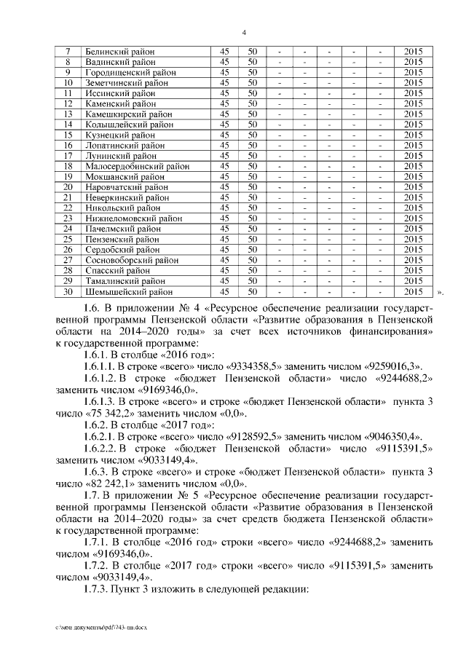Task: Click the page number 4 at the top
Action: (x=244, y=32)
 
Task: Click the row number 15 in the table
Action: (x=67, y=135)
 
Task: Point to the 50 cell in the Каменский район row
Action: (x=252, y=104)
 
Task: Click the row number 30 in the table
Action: (x=67, y=292)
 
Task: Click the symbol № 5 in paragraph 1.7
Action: (x=183, y=495)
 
